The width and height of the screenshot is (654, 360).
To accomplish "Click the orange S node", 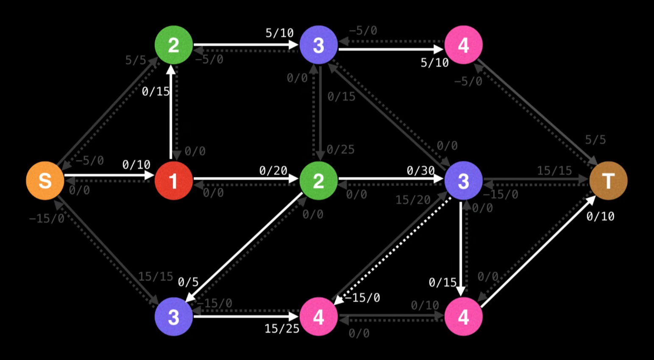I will pyautogui.click(x=45, y=180).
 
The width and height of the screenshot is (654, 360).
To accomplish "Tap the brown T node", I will pyautogui.click(x=608, y=180).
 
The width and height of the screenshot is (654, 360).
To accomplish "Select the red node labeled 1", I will pyautogui.click(x=173, y=180).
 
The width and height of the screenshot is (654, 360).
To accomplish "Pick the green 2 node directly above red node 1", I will pyautogui.click(x=173, y=45).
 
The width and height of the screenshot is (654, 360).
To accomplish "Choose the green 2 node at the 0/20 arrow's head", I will pyautogui.click(x=318, y=180).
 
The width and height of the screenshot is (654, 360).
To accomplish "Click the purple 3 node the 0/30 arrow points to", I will pyautogui.click(x=463, y=180).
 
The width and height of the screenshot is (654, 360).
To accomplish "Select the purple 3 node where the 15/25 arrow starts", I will pyautogui.click(x=173, y=316).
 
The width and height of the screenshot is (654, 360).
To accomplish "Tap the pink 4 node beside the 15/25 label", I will pyautogui.click(x=318, y=316).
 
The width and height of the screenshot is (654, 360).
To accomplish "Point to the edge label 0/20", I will pyautogui.click(x=273, y=171).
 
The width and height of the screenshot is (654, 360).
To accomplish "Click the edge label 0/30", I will pyautogui.click(x=420, y=171).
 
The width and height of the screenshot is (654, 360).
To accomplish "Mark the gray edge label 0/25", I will pyautogui.click(x=340, y=150).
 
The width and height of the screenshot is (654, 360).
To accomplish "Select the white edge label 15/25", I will pyautogui.click(x=281, y=328).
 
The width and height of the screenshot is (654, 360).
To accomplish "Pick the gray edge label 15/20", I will pyautogui.click(x=413, y=200).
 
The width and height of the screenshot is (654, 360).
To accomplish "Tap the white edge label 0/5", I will pyautogui.click(x=188, y=282).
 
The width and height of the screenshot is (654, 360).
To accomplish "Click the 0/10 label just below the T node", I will pyautogui.click(x=600, y=216).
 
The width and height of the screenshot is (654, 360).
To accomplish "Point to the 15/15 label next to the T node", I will pyautogui.click(x=554, y=171).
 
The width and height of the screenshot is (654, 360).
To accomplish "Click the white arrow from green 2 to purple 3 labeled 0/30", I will pyautogui.click(x=390, y=178).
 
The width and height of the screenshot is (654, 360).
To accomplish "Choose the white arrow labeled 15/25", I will pyautogui.click(x=246, y=316).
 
